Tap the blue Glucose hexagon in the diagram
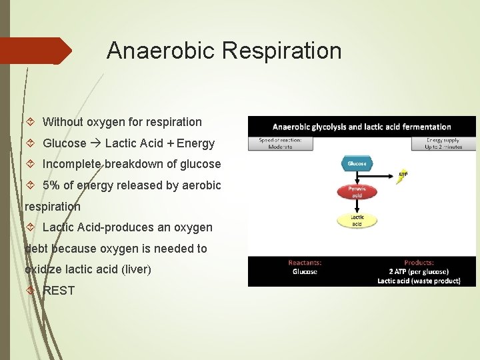357,163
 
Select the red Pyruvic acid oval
357,192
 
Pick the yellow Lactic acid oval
357,221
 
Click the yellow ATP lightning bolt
403,177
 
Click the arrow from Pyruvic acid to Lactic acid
357,207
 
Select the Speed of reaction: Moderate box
281,143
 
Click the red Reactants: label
304,263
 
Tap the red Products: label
419,263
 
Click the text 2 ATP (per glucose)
419,271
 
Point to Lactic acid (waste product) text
419,281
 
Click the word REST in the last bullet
59,291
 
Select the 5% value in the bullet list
51,185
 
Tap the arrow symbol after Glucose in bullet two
95,143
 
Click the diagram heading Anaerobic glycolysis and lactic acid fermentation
361,127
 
